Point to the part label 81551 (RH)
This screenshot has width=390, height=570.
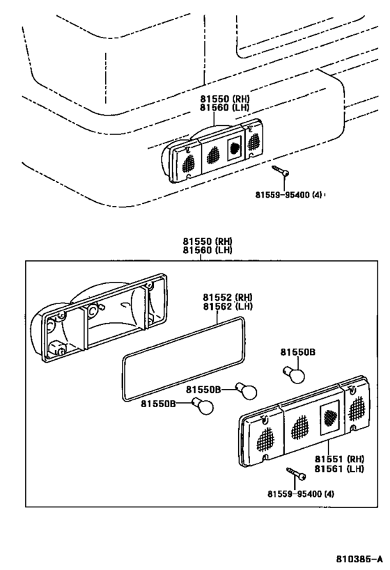tap(339, 460)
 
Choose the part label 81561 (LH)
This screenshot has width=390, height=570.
tap(339, 470)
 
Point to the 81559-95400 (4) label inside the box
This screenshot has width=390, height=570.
tap(300, 494)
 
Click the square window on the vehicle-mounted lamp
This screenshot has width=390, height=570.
tap(234, 148)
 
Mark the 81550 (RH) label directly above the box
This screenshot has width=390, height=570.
tap(207, 241)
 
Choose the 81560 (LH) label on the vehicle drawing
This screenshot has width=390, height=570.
tap(224, 108)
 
